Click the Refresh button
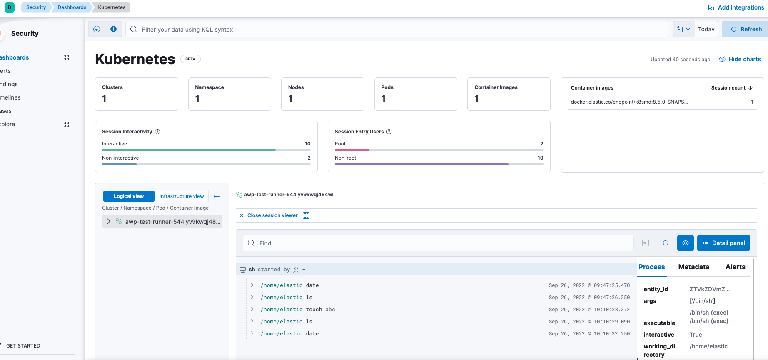(x=746, y=29)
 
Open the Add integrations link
(x=736, y=7)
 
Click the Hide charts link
(x=740, y=59)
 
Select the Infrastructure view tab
(x=182, y=196)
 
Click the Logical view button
(x=129, y=196)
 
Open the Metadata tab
(x=693, y=267)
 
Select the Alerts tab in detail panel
(x=735, y=267)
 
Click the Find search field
(x=437, y=243)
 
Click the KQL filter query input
(x=396, y=29)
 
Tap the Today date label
(x=706, y=29)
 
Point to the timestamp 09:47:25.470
(x=589, y=285)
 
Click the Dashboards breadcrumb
(x=72, y=7)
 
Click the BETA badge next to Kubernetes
(x=190, y=59)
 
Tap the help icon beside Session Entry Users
(x=389, y=132)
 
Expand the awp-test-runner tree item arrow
(x=109, y=221)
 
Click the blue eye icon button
(x=685, y=243)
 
